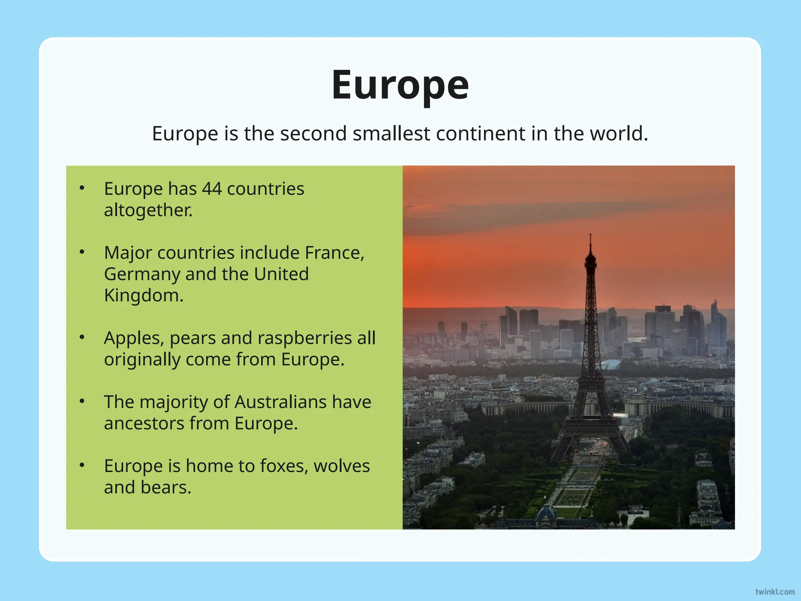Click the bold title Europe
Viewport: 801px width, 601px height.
click(400, 85)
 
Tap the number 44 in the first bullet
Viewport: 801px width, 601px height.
click(212, 189)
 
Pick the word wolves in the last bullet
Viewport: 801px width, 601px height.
click(341, 466)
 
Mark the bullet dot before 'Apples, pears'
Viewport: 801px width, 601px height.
click(82, 337)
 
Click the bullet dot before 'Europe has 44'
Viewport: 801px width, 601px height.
click(82, 188)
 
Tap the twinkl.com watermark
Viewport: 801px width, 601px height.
click(775, 592)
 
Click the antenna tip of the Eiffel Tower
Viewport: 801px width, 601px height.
click(590, 235)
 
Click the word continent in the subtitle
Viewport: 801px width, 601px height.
click(481, 133)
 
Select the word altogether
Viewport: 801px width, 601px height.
click(148, 210)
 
